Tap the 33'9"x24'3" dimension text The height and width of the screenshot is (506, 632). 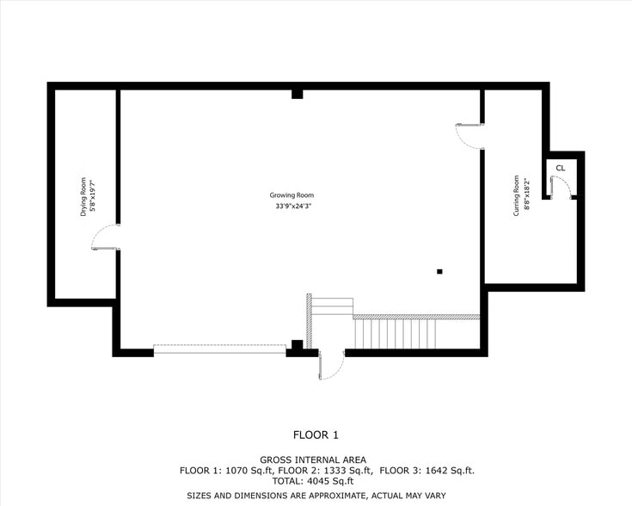(292, 207)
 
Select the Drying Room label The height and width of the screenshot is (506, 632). (84, 196)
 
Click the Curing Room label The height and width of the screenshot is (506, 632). (517, 195)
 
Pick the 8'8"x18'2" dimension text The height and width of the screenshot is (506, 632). (525, 195)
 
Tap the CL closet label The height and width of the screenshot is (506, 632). (560, 168)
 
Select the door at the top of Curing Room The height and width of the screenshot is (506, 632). (469, 135)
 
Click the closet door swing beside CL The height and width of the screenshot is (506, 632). (561, 187)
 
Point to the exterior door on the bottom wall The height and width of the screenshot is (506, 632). (331, 366)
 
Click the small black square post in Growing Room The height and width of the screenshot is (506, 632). (439, 272)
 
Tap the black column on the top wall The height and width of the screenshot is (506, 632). (297, 93)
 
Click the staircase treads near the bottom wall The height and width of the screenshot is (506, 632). (396, 332)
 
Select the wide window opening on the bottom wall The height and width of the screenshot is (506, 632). (219, 349)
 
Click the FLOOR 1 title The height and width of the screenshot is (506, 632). (316, 434)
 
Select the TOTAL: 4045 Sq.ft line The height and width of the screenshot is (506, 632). (315, 482)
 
